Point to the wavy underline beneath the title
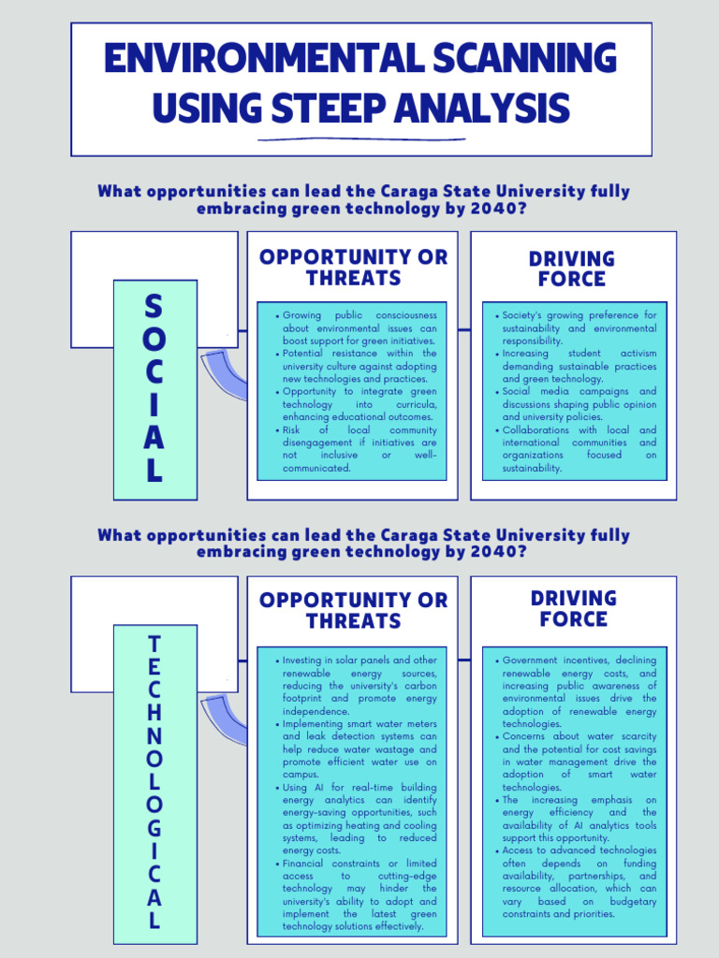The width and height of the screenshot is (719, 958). pyautogui.click(x=360, y=138)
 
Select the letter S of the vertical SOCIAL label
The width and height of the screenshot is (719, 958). pyautogui.click(x=154, y=305)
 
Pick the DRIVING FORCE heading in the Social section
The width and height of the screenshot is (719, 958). pyautogui.click(x=572, y=269)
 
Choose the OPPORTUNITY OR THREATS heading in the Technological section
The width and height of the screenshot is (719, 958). pyautogui.click(x=353, y=610)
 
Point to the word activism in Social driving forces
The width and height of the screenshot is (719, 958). pyautogui.click(x=638, y=354)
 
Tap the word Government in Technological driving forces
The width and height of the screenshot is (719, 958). pyautogui.click(x=537, y=660)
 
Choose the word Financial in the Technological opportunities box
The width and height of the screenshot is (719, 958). pyautogui.click(x=306, y=863)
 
